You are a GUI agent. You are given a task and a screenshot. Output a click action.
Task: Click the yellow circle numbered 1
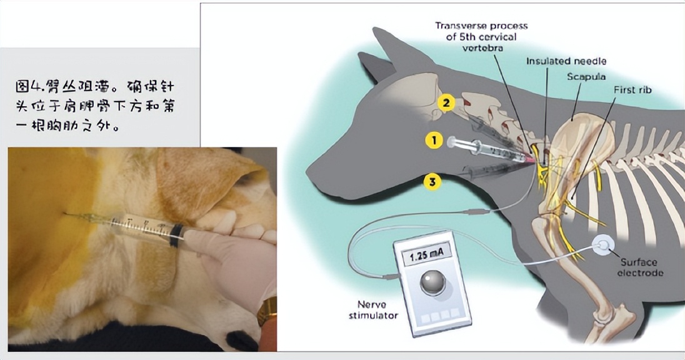point(434,140)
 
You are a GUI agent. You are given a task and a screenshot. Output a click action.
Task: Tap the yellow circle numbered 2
point(446,103)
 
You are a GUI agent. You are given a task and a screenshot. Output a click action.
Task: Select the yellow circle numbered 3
point(432,181)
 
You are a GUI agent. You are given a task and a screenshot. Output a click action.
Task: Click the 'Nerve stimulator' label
point(373,310)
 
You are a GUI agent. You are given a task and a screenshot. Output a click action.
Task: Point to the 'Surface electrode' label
point(641,267)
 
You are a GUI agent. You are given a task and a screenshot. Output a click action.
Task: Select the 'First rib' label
point(632,89)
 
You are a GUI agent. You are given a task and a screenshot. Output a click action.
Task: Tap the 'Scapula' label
point(586,76)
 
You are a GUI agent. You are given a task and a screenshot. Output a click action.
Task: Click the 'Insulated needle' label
point(566,61)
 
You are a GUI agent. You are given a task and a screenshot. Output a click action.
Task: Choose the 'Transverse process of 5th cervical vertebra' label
point(481,37)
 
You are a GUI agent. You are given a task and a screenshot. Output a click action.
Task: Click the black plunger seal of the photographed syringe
point(176,235)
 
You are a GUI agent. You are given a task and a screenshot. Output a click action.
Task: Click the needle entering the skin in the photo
point(83,216)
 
